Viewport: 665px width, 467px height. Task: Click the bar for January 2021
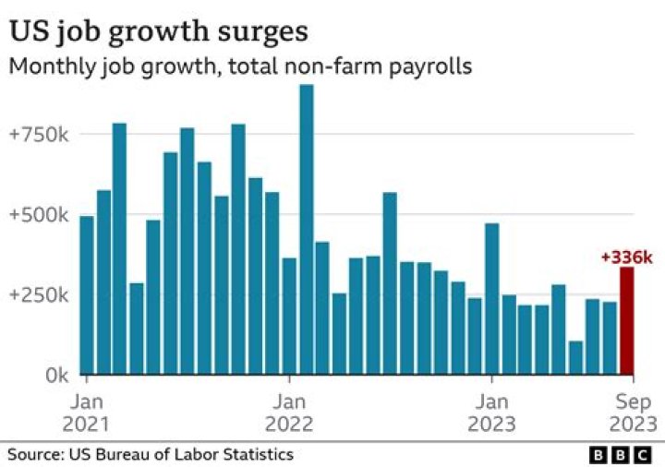pos(87,295)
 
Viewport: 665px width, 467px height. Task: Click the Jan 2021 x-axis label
pos(87,413)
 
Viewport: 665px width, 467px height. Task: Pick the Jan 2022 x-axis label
pos(290,413)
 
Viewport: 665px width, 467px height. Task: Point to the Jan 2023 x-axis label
pos(492,413)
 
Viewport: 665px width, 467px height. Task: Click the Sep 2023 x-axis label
pos(632,413)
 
